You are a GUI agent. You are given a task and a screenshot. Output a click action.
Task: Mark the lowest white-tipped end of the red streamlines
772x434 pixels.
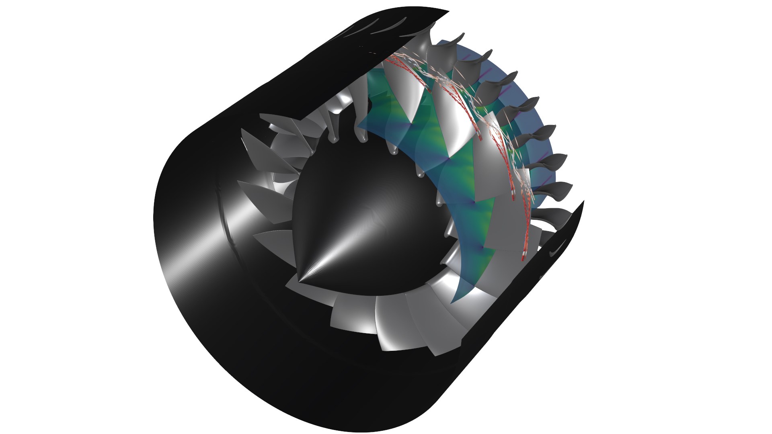point(524,254)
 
